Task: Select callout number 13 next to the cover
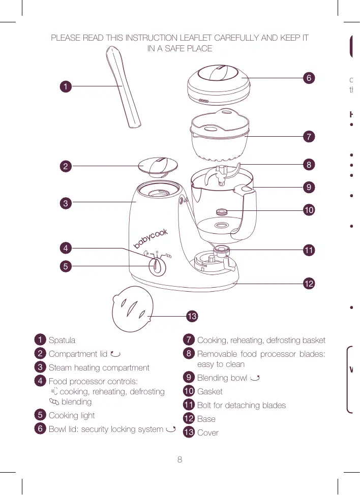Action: pos(191,317)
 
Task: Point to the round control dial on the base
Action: pos(158,266)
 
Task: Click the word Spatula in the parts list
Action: pos(62,340)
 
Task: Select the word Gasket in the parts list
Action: pos(209,392)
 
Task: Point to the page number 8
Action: pos(179,460)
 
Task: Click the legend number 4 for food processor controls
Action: pos(40,381)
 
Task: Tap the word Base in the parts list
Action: pos(206,419)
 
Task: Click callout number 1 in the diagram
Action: pos(65,86)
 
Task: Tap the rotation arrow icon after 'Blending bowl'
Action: pos(255,378)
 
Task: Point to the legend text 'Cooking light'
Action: pos(72,416)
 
